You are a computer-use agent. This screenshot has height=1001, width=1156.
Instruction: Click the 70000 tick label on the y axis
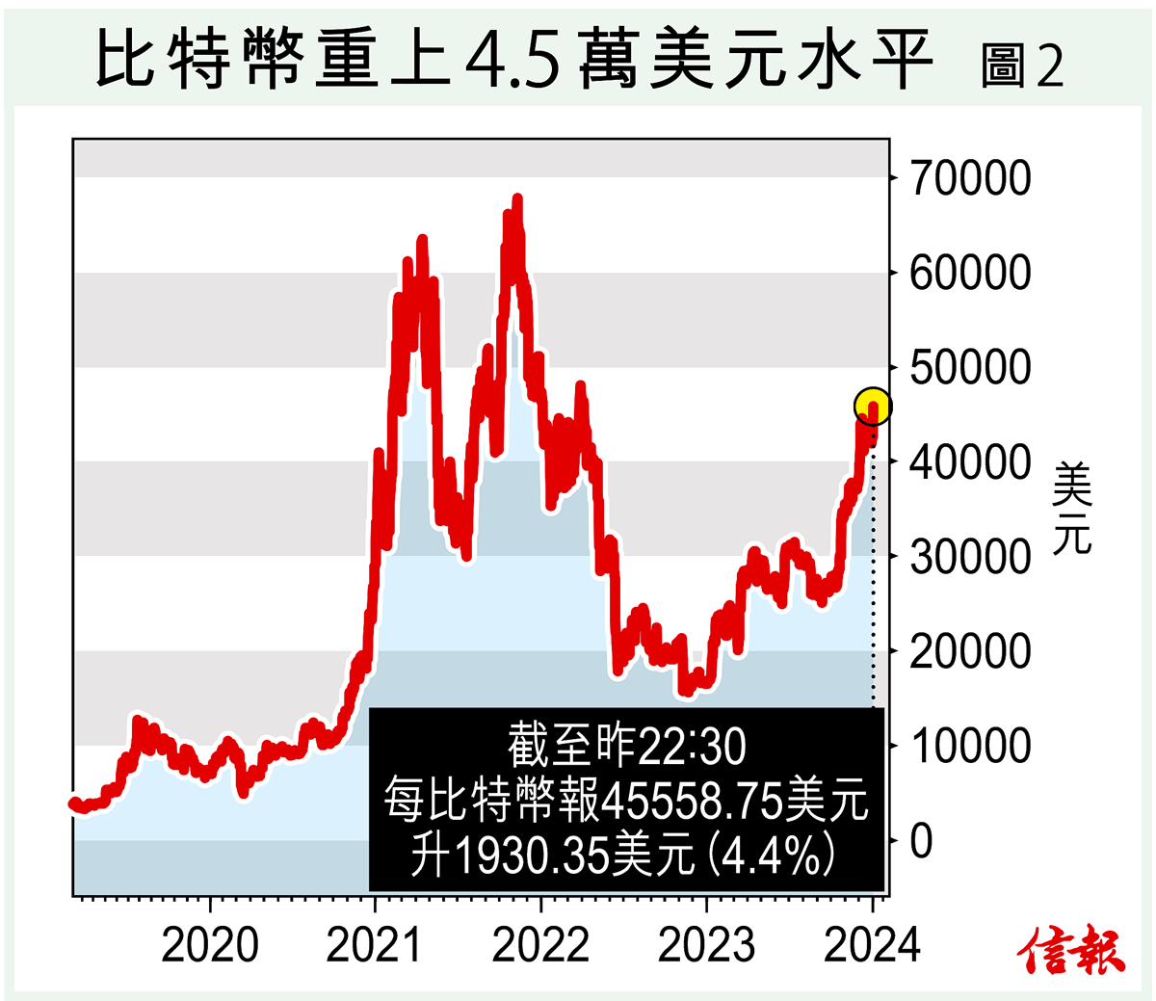[970, 178]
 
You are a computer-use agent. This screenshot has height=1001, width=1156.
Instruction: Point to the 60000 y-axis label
[970, 273]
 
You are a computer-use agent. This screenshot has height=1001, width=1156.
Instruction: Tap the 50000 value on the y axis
[970, 367]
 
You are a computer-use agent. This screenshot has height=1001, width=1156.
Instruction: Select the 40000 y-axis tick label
[970, 461]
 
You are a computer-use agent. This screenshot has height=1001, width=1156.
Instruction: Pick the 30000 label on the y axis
[970, 556]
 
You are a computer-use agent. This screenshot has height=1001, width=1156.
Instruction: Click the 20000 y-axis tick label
[970, 651]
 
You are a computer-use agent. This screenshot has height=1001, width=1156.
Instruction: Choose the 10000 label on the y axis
[970, 746]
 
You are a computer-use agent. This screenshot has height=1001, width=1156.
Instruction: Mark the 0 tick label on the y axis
[922, 841]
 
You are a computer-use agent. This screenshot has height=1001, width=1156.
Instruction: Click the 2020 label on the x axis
[210, 945]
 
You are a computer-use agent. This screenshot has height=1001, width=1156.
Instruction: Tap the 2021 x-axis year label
[375, 945]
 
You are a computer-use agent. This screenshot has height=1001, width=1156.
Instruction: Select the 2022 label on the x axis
[540, 945]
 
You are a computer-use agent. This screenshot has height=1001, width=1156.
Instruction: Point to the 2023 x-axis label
[706, 945]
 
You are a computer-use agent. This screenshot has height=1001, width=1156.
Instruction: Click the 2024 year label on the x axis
[873, 945]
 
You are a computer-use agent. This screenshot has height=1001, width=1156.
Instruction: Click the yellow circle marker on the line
[873, 407]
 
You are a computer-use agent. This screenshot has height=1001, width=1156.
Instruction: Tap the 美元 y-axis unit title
[1072, 509]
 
